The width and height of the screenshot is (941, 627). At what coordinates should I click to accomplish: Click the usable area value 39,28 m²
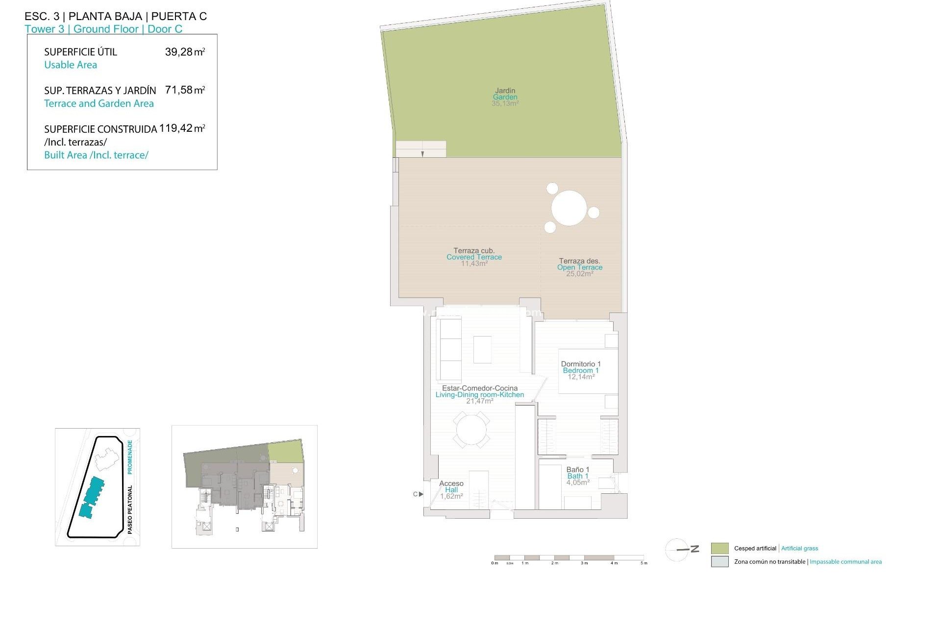click(185, 52)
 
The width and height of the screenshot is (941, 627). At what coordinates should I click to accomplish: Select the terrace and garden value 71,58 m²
click(185, 90)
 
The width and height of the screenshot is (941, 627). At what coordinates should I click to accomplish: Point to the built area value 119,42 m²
click(182, 128)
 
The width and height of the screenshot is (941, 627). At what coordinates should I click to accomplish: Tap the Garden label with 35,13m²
click(505, 97)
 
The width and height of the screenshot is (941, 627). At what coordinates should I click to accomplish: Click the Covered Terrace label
click(474, 257)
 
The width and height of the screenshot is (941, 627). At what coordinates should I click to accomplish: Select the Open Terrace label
click(580, 267)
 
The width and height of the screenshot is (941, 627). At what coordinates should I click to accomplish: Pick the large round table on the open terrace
click(569, 208)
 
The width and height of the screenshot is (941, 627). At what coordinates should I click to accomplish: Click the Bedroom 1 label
click(581, 370)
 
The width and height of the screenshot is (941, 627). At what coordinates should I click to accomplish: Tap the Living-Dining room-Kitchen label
click(480, 395)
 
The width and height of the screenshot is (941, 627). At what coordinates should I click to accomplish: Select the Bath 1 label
click(578, 476)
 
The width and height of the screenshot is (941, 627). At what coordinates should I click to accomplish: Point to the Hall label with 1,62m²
click(451, 490)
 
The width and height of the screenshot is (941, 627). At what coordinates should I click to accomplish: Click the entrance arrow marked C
click(420, 494)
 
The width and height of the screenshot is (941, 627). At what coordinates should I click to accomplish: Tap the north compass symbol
click(679, 550)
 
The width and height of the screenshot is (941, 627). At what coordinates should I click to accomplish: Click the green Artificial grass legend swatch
click(719, 548)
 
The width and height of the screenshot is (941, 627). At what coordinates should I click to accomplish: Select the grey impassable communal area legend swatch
click(719, 562)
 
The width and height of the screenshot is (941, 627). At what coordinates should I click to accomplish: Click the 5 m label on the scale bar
click(644, 563)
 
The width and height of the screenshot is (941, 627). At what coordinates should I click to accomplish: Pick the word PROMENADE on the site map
click(130, 457)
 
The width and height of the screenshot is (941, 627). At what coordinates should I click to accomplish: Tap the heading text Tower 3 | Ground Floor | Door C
click(103, 29)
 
